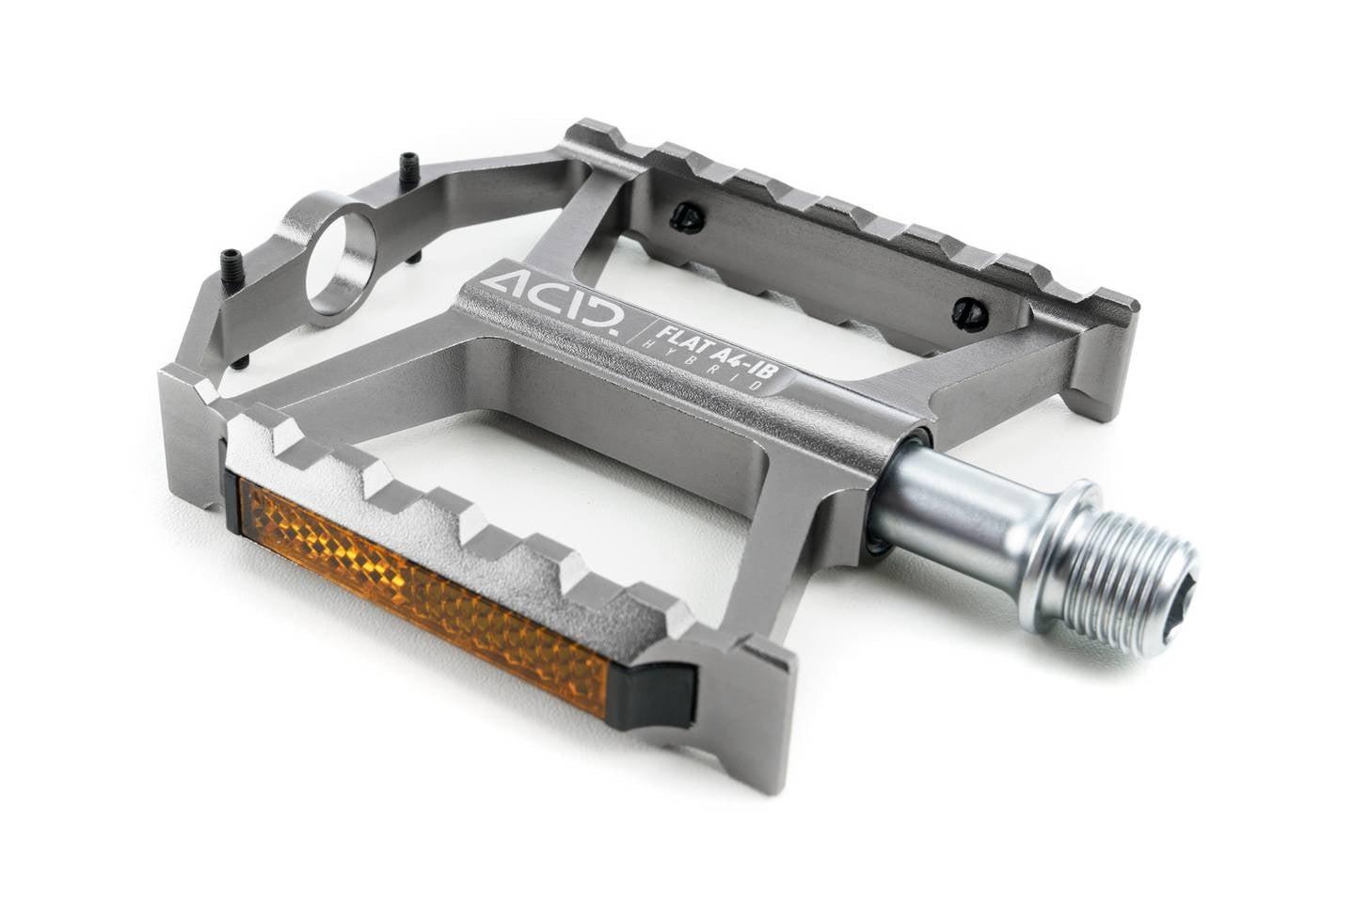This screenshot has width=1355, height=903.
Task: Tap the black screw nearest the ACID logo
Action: pyautogui.click(x=688, y=218)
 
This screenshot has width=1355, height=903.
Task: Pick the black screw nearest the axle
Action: pyautogui.click(x=970, y=313)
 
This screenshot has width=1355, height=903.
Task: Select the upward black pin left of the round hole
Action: pyautogui.click(x=231, y=266)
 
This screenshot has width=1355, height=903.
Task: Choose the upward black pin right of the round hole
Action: pyautogui.click(x=409, y=170)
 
